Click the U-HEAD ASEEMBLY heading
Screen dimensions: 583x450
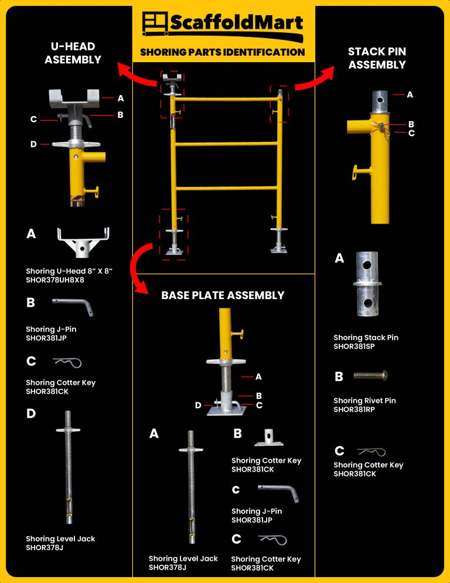pyautogui.click(x=73, y=53)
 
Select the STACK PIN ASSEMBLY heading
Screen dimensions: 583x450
pyautogui.click(x=377, y=58)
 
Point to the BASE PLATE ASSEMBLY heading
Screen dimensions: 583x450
pyautogui.click(x=223, y=296)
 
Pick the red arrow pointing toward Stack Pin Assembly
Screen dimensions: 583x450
pyautogui.click(x=314, y=79)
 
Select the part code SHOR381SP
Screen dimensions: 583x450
pyautogui.click(x=354, y=347)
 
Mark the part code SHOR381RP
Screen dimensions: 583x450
pyautogui.click(x=354, y=409)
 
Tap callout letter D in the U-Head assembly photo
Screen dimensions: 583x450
pyautogui.click(x=33, y=144)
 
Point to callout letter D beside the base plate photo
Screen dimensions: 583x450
pyautogui.click(x=198, y=405)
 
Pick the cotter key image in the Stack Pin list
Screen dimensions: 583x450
pyautogui.click(x=370, y=451)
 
